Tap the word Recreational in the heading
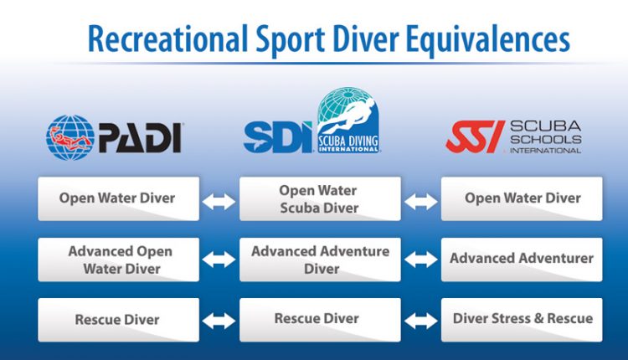click(167, 39)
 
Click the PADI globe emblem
click(70, 137)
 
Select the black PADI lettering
click(141, 137)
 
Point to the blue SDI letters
click(278, 137)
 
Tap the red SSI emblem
click(475, 137)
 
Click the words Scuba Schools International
click(545, 137)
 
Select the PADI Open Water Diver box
click(119, 198)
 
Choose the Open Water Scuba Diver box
click(320, 198)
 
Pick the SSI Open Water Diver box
click(522, 198)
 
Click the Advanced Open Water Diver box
click(119, 260)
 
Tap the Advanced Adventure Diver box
click(320, 260)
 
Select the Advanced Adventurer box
click(522, 260)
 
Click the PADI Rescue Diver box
click(119, 320)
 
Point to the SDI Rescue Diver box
click(320, 320)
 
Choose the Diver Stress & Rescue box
click(522, 320)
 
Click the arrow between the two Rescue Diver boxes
click(219, 321)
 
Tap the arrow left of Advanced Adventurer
click(421, 260)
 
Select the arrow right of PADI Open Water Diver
click(219, 202)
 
